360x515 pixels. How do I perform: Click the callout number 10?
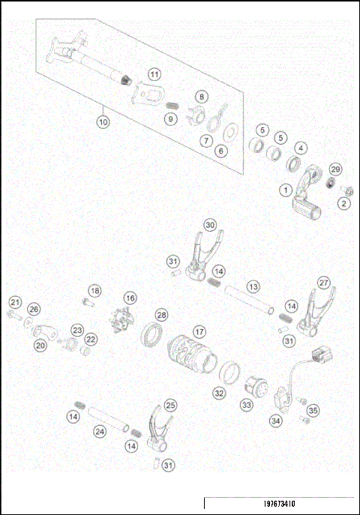pyautogui.click(x=103, y=119)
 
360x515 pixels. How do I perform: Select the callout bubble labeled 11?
pyautogui.click(x=154, y=74)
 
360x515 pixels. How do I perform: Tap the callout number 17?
pyautogui.click(x=199, y=331)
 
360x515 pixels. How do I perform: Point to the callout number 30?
pyautogui.click(x=211, y=224)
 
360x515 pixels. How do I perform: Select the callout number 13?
pyautogui.click(x=253, y=287)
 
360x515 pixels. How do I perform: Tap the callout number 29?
pyautogui.click(x=335, y=169)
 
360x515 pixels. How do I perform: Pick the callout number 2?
pyautogui.click(x=344, y=203)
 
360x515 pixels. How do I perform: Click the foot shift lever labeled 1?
pyautogui.click(x=304, y=199)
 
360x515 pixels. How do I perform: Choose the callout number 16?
pyautogui.click(x=130, y=298)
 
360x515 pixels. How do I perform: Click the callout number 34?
pyautogui.click(x=277, y=421)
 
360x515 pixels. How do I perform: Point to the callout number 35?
pyautogui.click(x=313, y=410)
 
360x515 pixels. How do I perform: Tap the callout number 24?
pyautogui.click(x=100, y=431)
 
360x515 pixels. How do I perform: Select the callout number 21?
pyautogui.click(x=13, y=302)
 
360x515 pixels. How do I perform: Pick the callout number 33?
pyautogui.click(x=247, y=404)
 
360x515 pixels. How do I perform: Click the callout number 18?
pyautogui.click(x=94, y=290)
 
